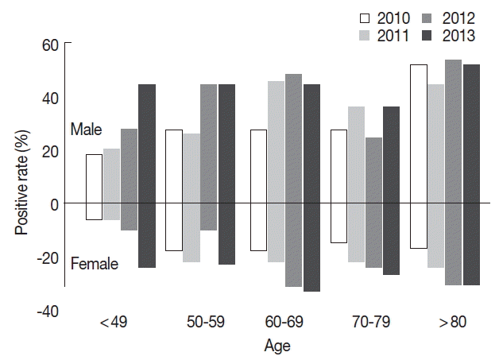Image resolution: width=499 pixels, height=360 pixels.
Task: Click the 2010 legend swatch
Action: (366, 18)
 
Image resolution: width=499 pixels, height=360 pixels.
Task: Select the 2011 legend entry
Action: (366, 36)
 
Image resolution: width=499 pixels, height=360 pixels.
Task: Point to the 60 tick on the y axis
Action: (50, 45)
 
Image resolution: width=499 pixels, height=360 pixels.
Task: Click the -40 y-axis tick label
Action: (46, 311)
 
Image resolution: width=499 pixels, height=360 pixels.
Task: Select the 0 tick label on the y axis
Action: (55, 204)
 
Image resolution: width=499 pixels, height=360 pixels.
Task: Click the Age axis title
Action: (277, 346)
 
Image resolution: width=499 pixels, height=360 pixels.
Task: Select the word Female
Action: (93, 264)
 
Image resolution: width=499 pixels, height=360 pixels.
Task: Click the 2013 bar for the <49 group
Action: (147, 176)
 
